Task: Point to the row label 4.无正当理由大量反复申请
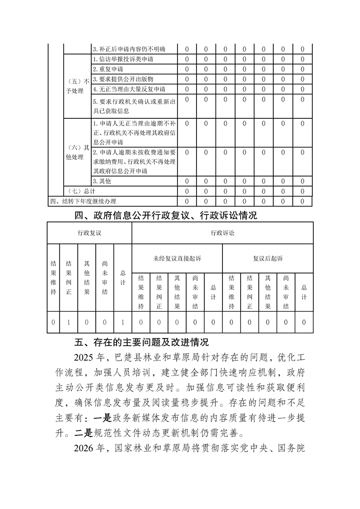[129, 89]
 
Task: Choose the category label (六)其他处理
[77, 152]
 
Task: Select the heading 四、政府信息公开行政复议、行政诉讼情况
[165, 215]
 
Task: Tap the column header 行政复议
[89, 233]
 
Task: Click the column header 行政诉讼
[222, 233]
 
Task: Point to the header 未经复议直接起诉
[177, 258]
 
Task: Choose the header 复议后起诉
[268, 258]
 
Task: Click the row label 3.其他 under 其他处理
[102, 181]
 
